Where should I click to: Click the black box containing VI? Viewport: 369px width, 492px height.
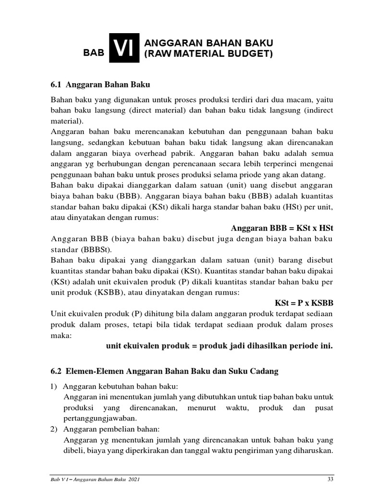(x=124, y=48)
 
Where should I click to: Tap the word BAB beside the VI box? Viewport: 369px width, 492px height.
(x=94, y=53)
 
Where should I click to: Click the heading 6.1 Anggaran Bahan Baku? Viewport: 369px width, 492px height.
(x=100, y=85)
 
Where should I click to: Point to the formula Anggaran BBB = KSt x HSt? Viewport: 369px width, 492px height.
(x=282, y=228)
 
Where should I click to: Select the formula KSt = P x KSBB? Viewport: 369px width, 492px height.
(x=304, y=303)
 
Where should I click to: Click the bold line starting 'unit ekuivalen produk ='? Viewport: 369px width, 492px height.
(x=219, y=346)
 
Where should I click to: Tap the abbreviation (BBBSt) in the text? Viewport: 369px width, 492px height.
(x=96, y=250)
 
